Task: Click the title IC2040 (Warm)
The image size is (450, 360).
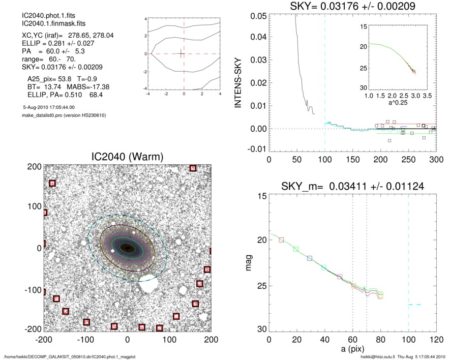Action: tap(127, 157)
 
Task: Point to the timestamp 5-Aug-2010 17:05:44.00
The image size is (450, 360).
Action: tap(49, 107)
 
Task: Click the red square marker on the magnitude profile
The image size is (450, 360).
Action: tap(282, 239)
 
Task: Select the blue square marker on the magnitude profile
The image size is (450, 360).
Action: tap(310, 258)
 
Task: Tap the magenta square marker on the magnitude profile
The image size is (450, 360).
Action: tap(340, 277)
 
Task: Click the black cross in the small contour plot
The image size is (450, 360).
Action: tap(181, 53)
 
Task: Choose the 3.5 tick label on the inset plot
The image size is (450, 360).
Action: tap(428, 95)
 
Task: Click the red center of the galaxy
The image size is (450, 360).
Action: tap(127, 248)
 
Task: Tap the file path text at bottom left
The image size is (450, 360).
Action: tap(70, 356)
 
